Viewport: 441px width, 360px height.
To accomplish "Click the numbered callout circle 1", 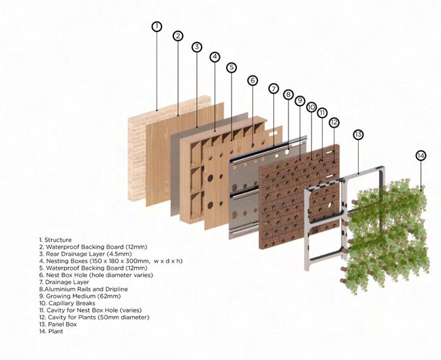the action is [156, 27].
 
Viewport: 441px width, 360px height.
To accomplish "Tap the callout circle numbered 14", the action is [421, 155].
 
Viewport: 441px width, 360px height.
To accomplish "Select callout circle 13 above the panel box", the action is [358, 134].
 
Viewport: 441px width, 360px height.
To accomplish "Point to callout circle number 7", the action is [273, 88].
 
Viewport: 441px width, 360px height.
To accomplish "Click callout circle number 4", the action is [215, 57].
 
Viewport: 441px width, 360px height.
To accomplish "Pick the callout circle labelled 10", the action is [311, 107].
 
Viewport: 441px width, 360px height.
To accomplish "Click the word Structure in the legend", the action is [58, 240].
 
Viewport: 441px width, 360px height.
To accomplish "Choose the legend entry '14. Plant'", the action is [54, 331].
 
